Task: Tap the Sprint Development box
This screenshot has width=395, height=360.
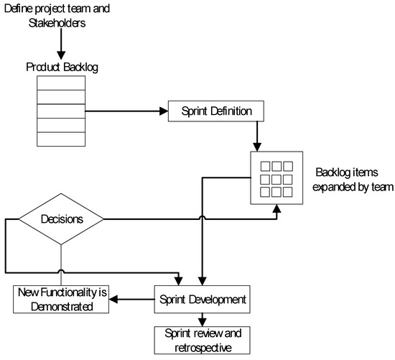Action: [202, 297]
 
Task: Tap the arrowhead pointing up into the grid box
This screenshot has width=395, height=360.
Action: [277, 209]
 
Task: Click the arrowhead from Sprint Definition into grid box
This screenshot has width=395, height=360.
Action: [257, 146]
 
